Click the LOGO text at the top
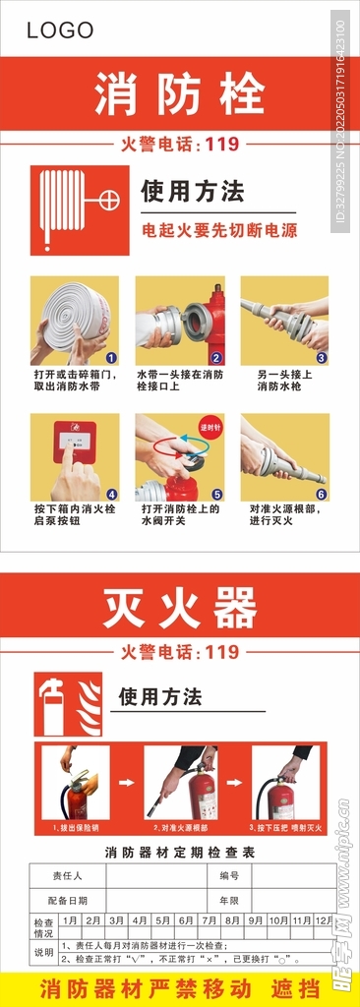[x=60, y=30]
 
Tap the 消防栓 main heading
[x=180, y=94]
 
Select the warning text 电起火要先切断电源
[x=218, y=231]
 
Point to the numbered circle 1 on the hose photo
[x=111, y=358]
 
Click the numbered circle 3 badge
[x=321, y=358]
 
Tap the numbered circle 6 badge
[x=321, y=494]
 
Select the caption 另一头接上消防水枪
[x=284, y=381]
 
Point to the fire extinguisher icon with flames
[x=68, y=704]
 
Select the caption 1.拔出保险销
[x=76, y=829]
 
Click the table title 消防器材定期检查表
[x=180, y=853]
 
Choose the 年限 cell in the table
[x=229, y=899]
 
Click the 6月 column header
[x=186, y=920]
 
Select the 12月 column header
[x=325, y=920]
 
